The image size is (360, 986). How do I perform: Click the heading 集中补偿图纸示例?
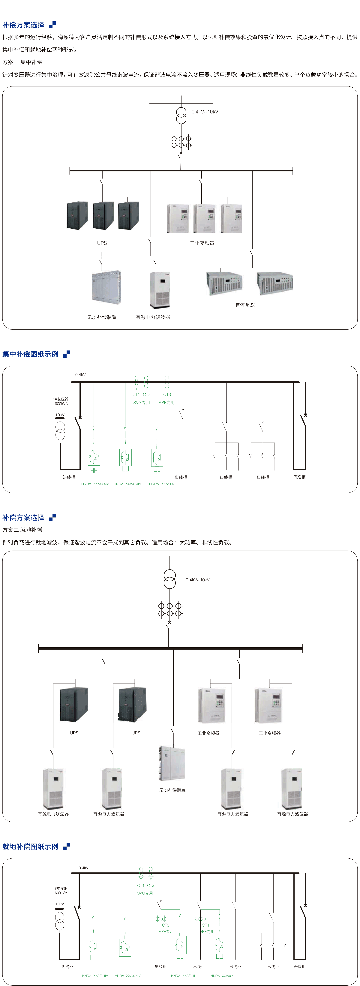click(30, 354)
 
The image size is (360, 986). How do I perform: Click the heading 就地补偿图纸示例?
click(30, 846)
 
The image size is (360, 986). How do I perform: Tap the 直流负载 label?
click(245, 305)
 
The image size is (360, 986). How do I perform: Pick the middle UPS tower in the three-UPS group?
click(103, 215)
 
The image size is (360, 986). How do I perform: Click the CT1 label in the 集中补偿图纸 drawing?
click(136, 394)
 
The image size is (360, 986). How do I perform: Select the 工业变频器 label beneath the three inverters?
click(202, 243)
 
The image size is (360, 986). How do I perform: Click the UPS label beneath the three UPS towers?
click(102, 243)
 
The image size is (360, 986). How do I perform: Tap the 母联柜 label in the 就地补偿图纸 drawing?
click(300, 966)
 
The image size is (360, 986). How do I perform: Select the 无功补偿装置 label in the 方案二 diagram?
click(172, 790)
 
